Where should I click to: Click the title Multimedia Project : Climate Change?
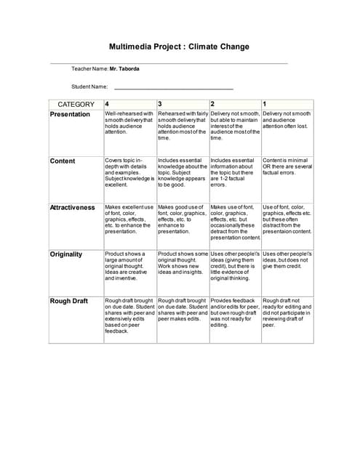[x=179, y=46]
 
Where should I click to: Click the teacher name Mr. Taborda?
[x=124, y=68]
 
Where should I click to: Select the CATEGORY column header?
[x=76, y=104]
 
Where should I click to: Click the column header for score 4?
[x=108, y=104]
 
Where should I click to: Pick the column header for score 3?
[x=160, y=104]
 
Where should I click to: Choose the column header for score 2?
[x=212, y=104]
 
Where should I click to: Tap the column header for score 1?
[x=265, y=104]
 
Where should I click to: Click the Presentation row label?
[x=70, y=114]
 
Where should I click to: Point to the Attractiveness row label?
[x=72, y=207]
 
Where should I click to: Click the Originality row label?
[x=66, y=254]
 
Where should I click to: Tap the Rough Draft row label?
[x=68, y=301]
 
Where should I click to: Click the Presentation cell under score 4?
[x=129, y=123]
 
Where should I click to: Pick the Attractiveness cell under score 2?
[x=235, y=222]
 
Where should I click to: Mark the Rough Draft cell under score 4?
[x=129, y=315]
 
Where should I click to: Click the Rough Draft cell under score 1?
[x=287, y=312]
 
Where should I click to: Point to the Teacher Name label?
[x=89, y=68]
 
